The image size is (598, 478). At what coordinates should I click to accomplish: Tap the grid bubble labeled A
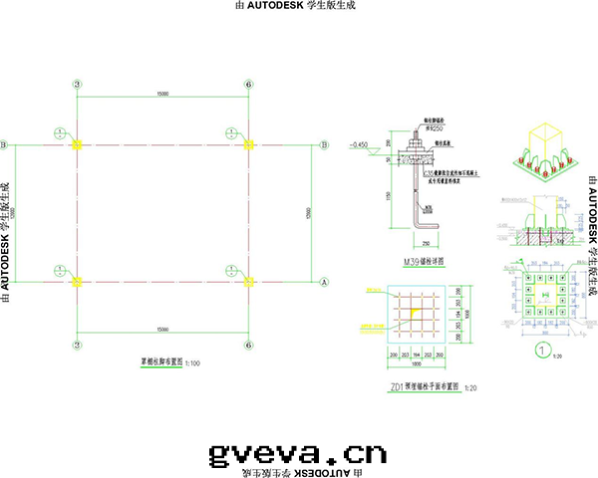(x=324, y=282)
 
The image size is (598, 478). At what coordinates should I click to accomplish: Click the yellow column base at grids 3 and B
(x=77, y=145)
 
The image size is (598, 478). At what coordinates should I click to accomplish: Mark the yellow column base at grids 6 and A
(x=247, y=282)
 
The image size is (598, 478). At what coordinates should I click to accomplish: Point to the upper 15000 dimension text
(x=161, y=94)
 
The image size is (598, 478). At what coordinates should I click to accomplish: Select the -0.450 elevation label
(x=360, y=145)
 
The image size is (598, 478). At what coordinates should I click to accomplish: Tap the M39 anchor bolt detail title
(x=422, y=261)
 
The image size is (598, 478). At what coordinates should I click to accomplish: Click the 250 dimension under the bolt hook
(x=425, y=242)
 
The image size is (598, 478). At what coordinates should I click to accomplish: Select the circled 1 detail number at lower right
(x=542, y=350)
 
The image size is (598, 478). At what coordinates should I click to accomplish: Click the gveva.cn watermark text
(x=296, y=454)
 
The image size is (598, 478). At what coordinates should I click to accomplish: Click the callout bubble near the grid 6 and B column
(x=230, y=131)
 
